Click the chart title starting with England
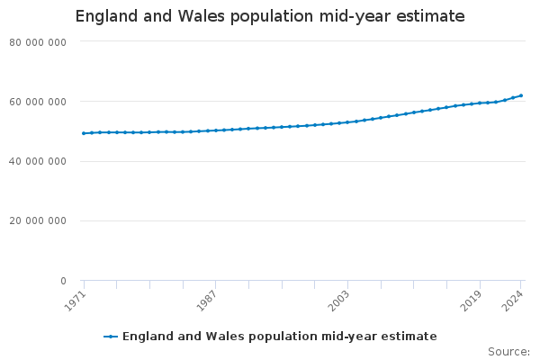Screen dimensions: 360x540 (270, 16)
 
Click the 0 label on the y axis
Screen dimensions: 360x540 (63, 281)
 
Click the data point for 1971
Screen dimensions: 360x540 (84, 133)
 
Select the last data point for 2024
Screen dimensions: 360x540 (521, 95)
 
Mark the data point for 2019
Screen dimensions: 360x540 (480, 103)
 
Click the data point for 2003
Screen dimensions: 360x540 (347, 121)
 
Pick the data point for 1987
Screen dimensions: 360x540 (216, 130)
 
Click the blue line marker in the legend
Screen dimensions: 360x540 (111, 337)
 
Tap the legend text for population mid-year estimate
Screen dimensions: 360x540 (279, 337)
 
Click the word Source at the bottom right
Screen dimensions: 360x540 (508, 351)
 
